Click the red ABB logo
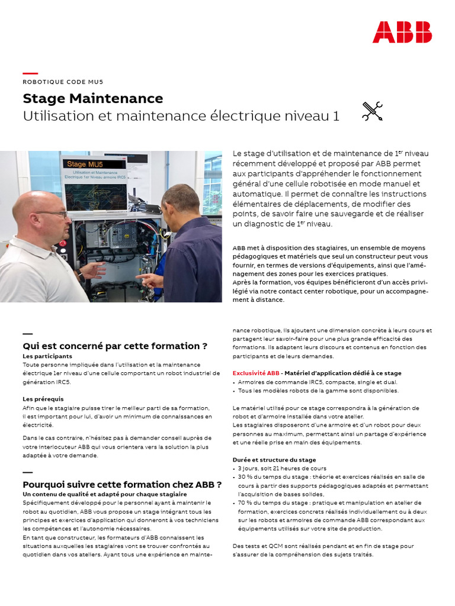pos(402,32)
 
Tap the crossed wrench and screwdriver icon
pos(372,111)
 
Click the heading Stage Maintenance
pos(92,98)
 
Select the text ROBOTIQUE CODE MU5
pos(63,82)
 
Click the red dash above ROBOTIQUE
pos(30,73)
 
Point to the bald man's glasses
pos(52,214)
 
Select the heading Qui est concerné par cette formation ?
pos(115,346)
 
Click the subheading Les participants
pos(47,356)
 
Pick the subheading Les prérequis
pos(43,399)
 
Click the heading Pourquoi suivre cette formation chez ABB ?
pos(122,484)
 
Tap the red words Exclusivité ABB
pos(255,373)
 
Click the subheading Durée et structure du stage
pos(274,460)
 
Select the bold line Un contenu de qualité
pos(104,494)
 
